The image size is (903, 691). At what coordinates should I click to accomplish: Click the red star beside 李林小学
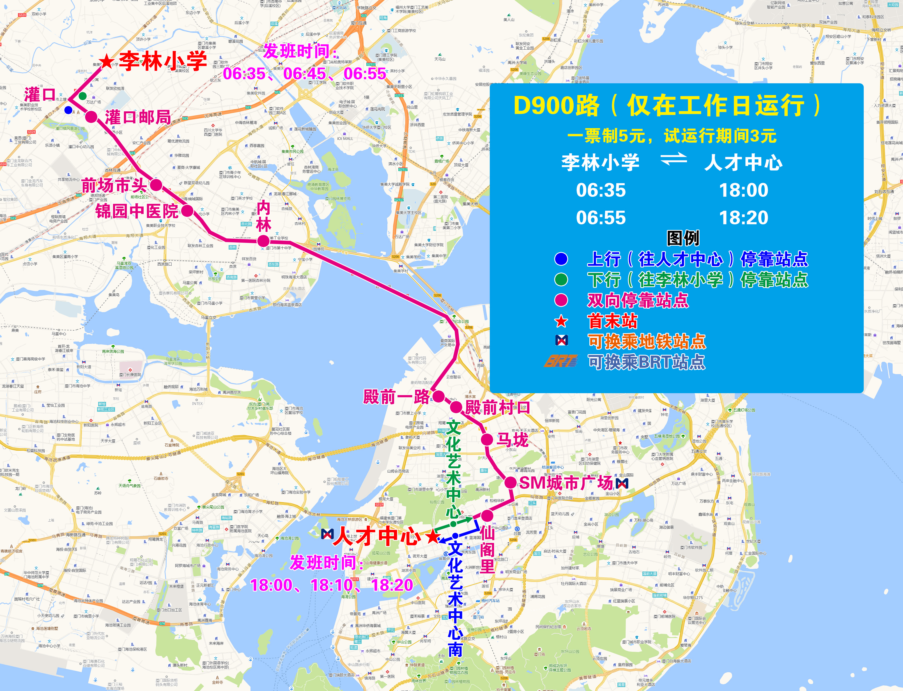click(107, 62)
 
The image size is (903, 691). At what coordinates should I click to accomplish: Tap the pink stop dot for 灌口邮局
click(91, 117)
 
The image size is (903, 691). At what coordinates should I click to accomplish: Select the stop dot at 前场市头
click(156, 185)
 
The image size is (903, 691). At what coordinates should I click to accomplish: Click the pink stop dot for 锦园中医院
click(187, 211)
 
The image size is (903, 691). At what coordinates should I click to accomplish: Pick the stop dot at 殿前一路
click(438, 397)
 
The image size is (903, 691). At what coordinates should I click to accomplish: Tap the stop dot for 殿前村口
click(456, 407)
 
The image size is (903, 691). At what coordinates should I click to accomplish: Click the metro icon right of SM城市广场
click(622, 483)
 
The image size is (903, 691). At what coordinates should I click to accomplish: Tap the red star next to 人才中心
click(432, 536)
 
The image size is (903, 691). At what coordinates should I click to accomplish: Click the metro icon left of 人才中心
click(327, 534)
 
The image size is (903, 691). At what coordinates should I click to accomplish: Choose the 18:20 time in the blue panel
click(743, 218)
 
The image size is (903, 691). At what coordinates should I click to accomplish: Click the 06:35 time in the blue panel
click(601, 190)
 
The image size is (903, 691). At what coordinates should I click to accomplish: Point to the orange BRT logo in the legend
click(560, 361)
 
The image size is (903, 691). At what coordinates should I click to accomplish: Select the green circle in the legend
click(561, 280)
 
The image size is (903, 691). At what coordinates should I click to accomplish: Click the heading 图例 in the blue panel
click(683, 238)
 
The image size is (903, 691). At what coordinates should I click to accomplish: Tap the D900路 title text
click(556, 106)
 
